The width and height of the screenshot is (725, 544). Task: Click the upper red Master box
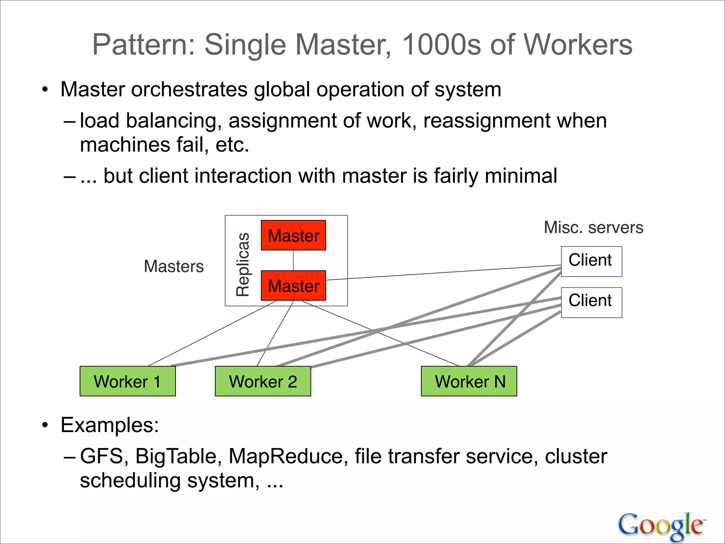coord(293,236)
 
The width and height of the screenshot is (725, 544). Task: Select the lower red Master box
coord(293,285)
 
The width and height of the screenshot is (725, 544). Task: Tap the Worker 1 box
coord(127,381)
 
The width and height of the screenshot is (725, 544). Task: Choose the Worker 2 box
coord(263,381)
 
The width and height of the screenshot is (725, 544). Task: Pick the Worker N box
coord(469,381)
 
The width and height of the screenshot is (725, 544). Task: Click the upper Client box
coord(591,261)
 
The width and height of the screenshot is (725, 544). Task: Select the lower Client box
coord(591,302)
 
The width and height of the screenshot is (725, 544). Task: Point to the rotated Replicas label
coord(243,264)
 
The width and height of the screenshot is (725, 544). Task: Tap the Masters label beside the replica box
coord(174,266)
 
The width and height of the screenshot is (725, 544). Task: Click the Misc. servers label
coord(593,227)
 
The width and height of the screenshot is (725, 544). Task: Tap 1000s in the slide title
coord(442,45)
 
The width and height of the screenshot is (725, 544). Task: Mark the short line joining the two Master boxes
coord(293,260)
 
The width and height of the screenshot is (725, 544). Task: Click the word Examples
coord(109,425)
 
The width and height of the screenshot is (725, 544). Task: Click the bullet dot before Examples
coord(45,425)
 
